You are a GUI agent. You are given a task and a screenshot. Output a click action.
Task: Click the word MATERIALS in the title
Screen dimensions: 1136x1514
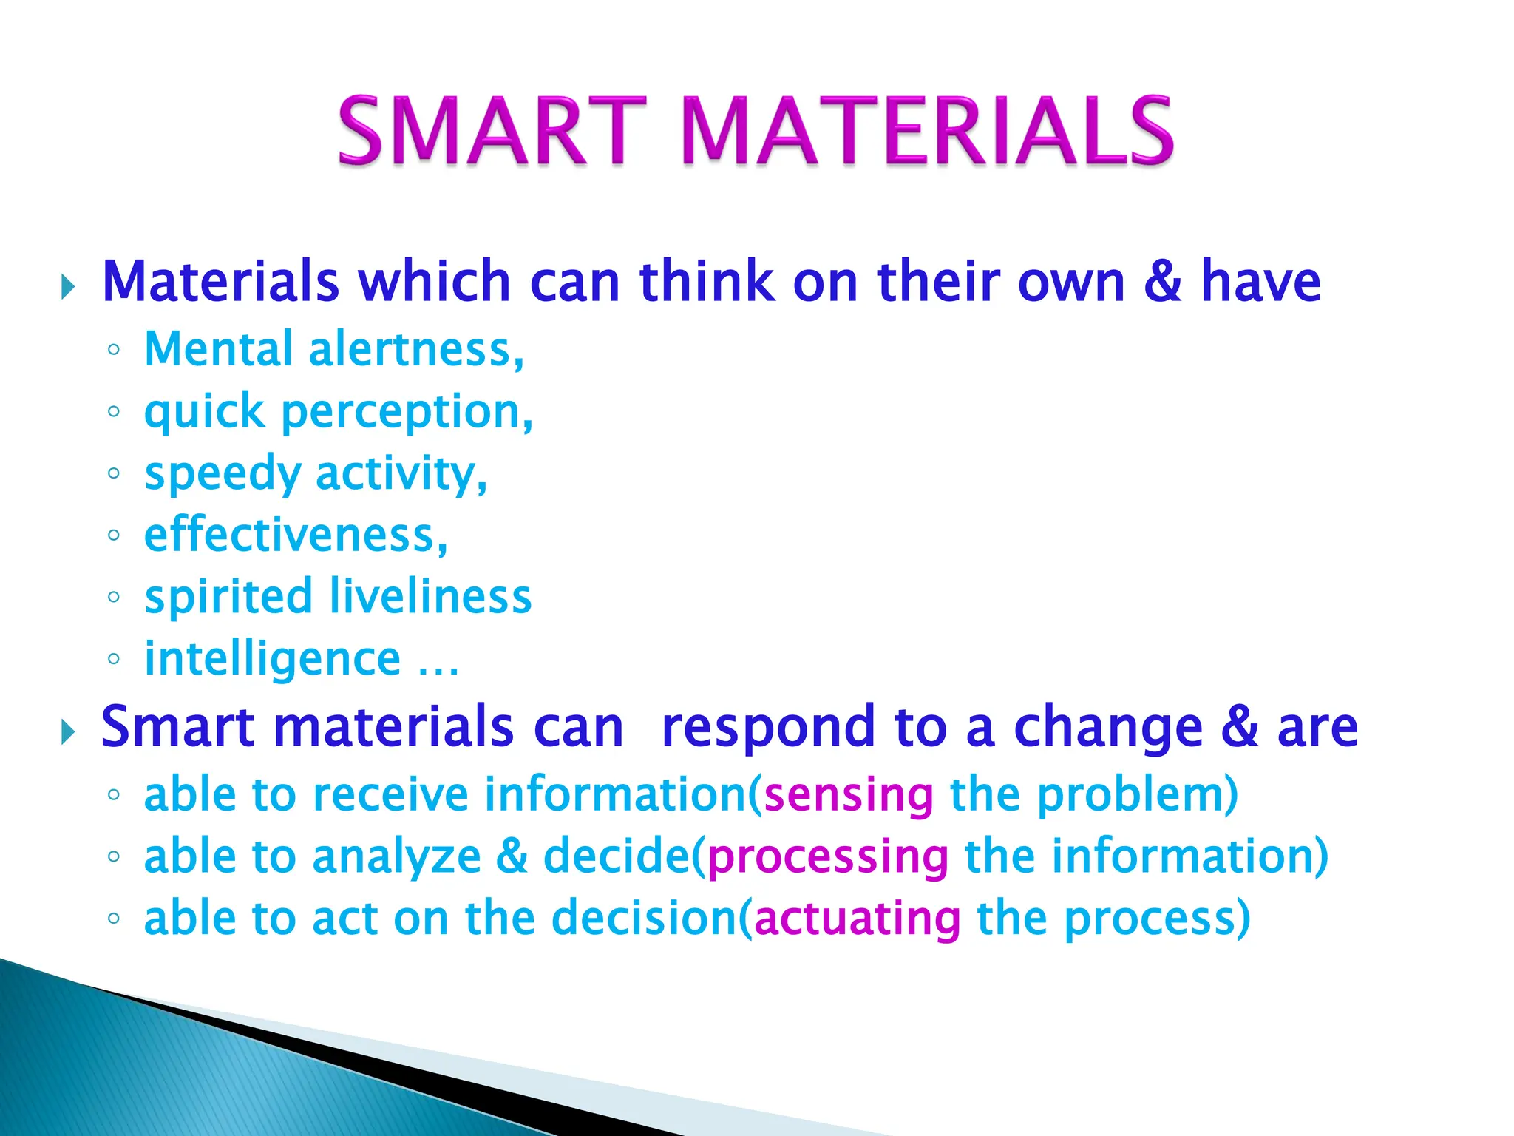pos(927,131)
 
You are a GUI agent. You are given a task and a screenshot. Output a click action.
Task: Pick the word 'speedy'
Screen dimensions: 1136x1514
pos(222,475)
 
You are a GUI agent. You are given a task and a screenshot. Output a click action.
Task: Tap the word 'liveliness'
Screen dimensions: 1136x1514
pos(430,597)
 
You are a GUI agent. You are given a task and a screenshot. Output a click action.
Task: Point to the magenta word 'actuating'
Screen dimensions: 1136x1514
pos(858,919)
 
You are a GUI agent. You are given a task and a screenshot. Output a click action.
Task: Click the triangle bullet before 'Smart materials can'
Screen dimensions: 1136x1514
pos(68,733)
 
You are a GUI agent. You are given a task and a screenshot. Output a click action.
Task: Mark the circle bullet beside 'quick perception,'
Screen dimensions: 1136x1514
pos(113,412)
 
